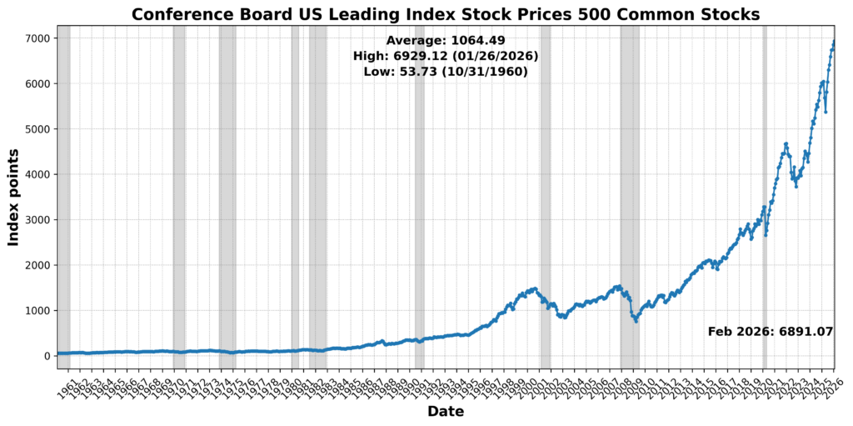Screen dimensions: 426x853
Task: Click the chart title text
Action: (x=446, y=14)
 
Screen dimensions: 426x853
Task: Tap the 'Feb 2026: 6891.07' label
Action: (x=771, y=331)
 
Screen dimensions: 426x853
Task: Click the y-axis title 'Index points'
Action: (x=13, y=198)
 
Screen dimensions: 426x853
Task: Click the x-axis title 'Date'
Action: (x=446, y=411)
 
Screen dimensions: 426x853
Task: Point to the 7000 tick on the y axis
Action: (x=38, y=38)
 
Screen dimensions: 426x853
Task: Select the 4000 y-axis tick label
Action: (x=38, y=174)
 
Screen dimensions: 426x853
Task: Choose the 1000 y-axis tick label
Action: (x=38, y=310)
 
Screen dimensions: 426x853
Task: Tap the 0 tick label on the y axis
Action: (x=47, y=356)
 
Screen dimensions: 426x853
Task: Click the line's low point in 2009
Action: (x=636, y=321)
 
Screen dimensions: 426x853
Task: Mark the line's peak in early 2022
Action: (x=786, y=143)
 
